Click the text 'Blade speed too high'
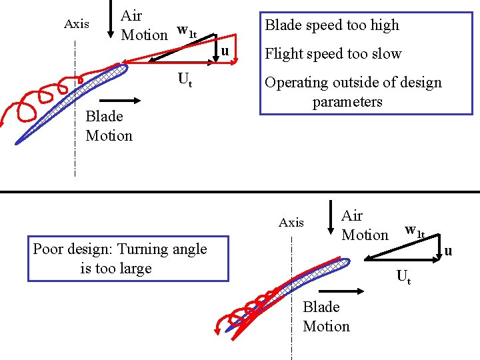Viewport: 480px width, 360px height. coord(331,25)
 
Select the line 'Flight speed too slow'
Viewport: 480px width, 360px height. coord(333,54)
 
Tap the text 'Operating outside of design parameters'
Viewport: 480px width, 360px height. coord(353,92)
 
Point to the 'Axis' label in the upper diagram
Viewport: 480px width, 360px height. coord(76,24)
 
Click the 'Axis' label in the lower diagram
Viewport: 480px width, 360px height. coord(291,223)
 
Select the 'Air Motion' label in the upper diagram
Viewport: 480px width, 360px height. coord(143,25)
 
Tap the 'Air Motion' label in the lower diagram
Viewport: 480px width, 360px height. coord(364,225)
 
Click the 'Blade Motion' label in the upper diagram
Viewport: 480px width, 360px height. coord(109,126)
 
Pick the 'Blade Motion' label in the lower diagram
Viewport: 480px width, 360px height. coord(326,317)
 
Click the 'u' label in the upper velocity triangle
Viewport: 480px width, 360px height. coord(225,51)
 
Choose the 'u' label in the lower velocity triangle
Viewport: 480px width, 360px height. coord(448,251)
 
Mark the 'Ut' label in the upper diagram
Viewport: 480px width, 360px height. coord(185,80)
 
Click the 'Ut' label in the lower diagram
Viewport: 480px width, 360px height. coord(403,275)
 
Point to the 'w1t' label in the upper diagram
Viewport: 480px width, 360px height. coord(186,31)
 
